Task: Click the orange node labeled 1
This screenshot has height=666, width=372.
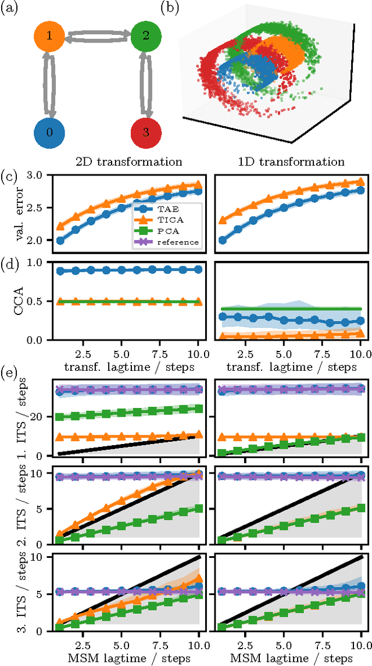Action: pos(50,36)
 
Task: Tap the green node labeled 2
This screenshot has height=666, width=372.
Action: pos(146,36)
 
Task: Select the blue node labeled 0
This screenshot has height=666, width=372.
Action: pos(50,132)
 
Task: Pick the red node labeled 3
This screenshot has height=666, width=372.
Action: pos(146,132)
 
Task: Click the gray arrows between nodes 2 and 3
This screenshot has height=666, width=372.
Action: pos(146,84)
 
